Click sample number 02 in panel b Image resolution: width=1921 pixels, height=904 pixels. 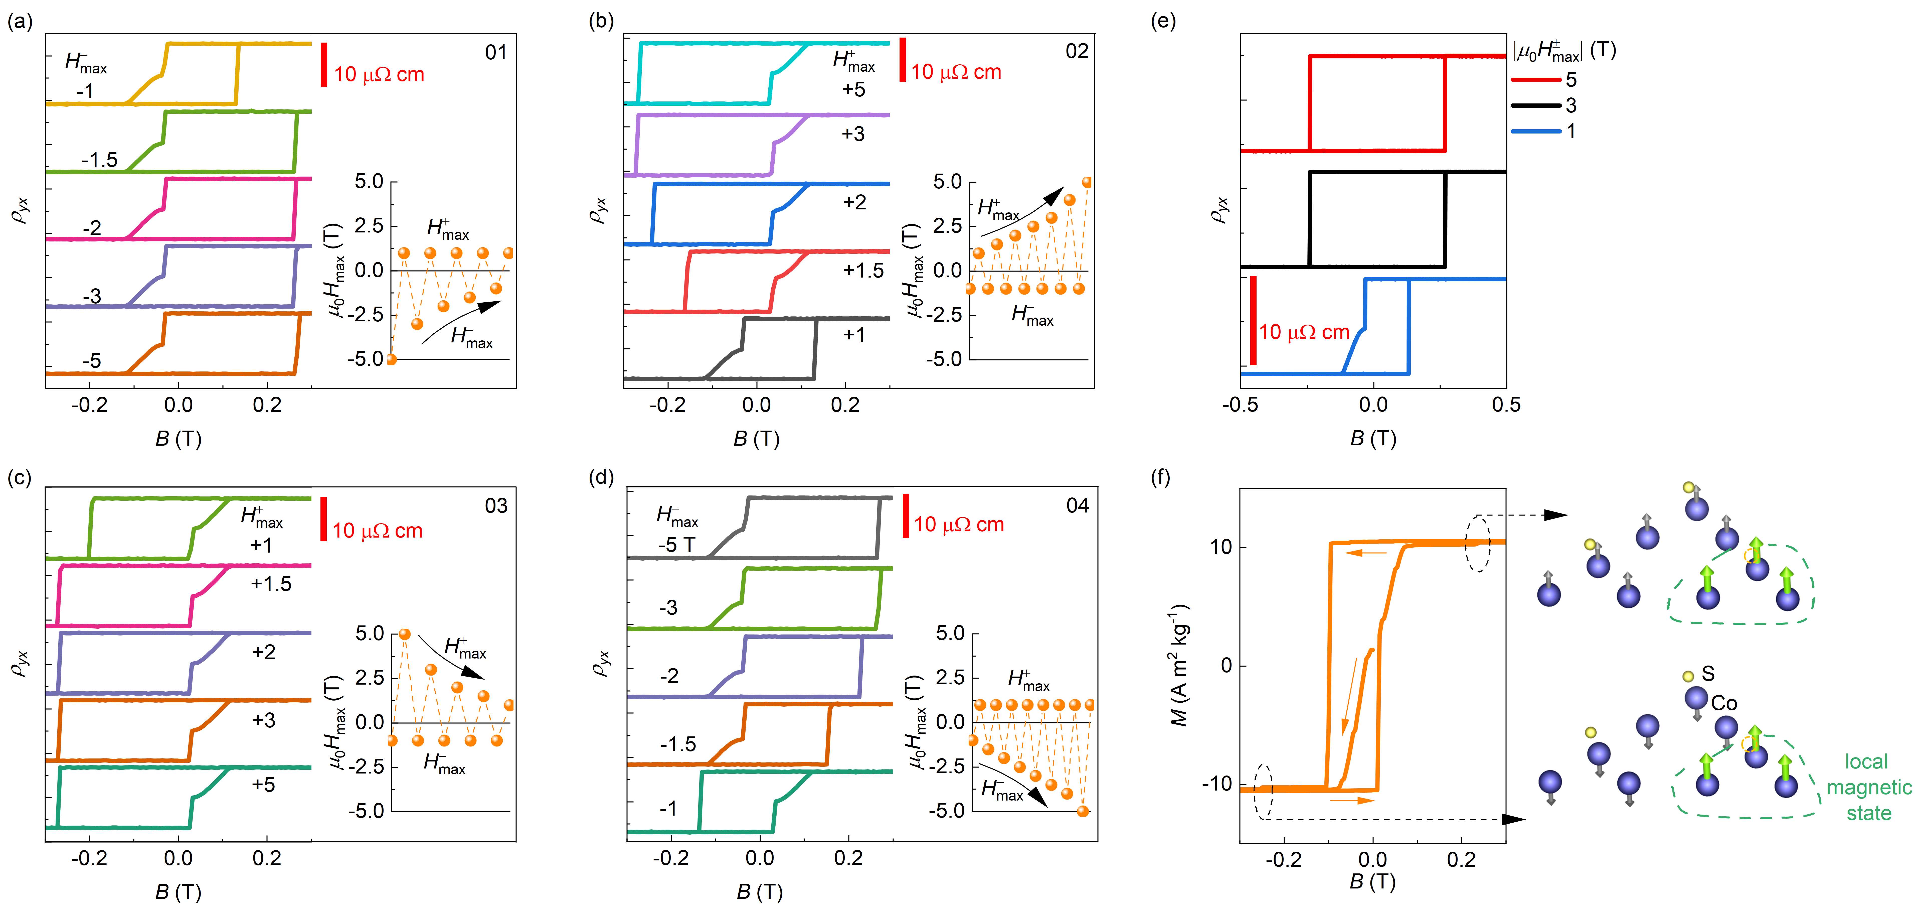[1076, 51]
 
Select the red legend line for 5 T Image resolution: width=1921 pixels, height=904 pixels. [1535, 80]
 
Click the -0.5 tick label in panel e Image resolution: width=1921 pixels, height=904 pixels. [1240, 405]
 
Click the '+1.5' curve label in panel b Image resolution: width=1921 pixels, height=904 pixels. [863, 270]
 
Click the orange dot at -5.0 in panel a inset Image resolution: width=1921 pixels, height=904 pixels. [391, 359]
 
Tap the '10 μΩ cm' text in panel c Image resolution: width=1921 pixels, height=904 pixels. [377, 531]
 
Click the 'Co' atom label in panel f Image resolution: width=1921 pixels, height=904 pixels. [1724, 703]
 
